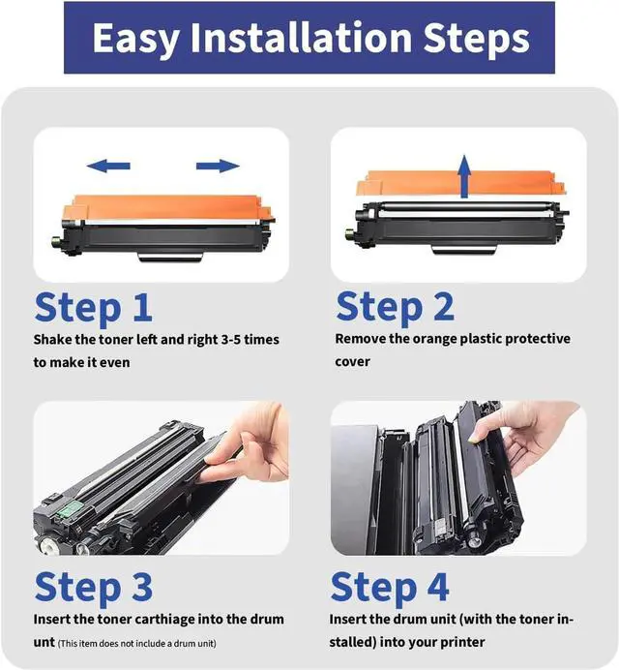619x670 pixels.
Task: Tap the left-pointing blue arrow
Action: (108, 166)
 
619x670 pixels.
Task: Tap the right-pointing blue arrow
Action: (218, 166)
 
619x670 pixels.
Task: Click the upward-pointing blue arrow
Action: (464, 176)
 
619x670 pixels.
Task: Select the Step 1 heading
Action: (93, 308)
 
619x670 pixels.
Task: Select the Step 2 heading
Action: (395, 307)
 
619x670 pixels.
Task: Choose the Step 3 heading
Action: (93, 588)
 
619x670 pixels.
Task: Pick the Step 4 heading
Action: (390, 588)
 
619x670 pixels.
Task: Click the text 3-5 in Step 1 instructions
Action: (231, 340)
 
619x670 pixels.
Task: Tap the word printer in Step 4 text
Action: (462, 643)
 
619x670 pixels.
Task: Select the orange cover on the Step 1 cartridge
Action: (167, 208)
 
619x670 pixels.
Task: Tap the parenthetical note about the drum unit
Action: (136, 644)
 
